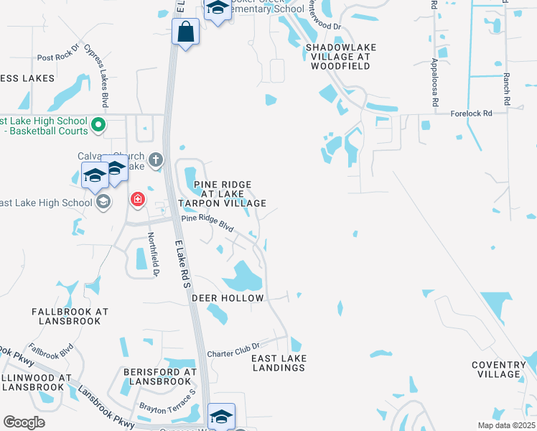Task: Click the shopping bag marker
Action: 186,32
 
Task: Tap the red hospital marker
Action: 137,199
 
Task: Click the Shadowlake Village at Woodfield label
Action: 340,57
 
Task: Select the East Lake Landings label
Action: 279,363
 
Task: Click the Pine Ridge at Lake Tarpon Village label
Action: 223,194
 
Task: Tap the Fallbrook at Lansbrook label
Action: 70,317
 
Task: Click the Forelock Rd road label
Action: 472,113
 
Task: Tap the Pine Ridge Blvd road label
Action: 207,223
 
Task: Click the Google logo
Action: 24,422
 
